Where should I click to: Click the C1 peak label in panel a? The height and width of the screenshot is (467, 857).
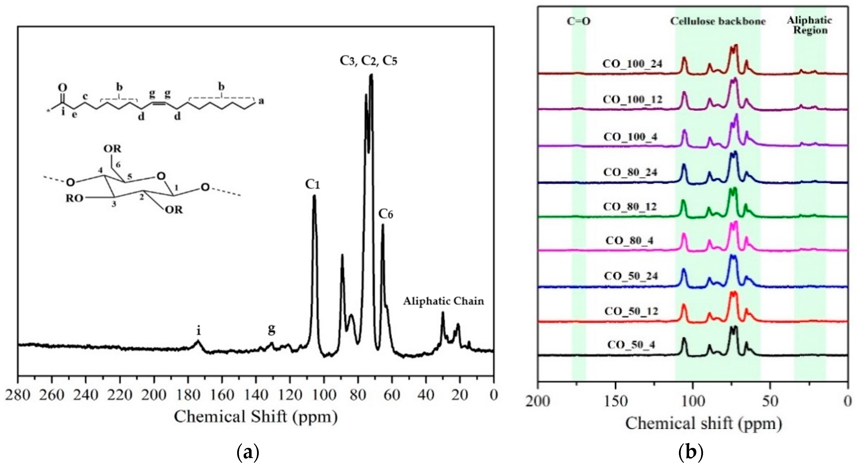coord(312,184)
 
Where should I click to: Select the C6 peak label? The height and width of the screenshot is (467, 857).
coord(386,214)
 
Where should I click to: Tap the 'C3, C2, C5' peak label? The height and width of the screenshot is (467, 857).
coord(368,61)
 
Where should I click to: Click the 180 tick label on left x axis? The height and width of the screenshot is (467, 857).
coord(188,395)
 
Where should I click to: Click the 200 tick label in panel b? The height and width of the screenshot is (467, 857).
coord(538,401)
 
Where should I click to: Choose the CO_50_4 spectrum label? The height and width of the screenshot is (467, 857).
coord(631,344)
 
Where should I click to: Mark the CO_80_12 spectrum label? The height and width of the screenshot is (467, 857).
coord(630,207)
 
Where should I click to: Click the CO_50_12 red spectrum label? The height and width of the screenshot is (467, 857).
coord(631,311)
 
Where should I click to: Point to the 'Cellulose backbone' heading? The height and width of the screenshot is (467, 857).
coord(718,21)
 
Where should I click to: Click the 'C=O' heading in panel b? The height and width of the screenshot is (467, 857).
coord(579,21)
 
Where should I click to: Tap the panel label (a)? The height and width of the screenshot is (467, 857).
coord(248,452)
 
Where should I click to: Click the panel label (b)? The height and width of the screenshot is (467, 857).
coord(690,452)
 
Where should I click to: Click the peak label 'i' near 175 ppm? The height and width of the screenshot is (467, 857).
coord(199,331)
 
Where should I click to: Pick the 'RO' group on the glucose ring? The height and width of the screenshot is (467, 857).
coord(74,198)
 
